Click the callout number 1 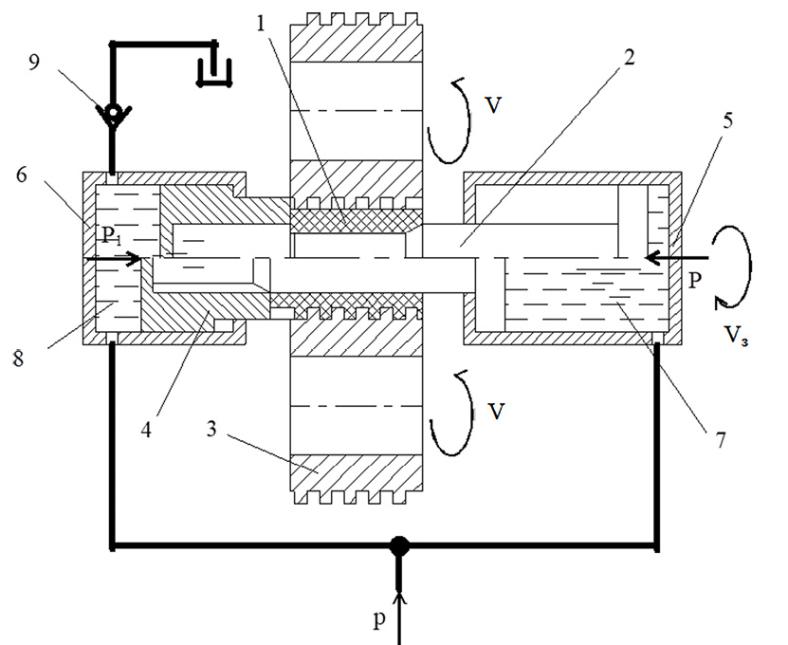(x=261, y=24)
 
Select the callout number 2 (x=629, y=57)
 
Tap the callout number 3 (x=211, y=429)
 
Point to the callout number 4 (x=146, y=430)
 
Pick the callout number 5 (x=727, y=120)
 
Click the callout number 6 (x=21, y=175)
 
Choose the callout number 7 (x=722, y=440)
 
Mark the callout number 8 (x=18, y=359)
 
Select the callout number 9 (x=33, y=63)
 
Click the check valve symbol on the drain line (x=114, y=114)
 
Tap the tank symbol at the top (x=214, y=72)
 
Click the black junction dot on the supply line (x=399, y=546)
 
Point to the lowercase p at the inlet (x=379, y=619)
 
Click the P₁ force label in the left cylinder (x=111, y=235)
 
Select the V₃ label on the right (x=735, y=334)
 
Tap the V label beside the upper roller (x=493, y=105)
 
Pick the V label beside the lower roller (x=496, y=412)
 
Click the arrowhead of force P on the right (x=651, y=258)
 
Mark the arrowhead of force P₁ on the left (x=134, y=258)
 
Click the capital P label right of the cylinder (x=694, y=280)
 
